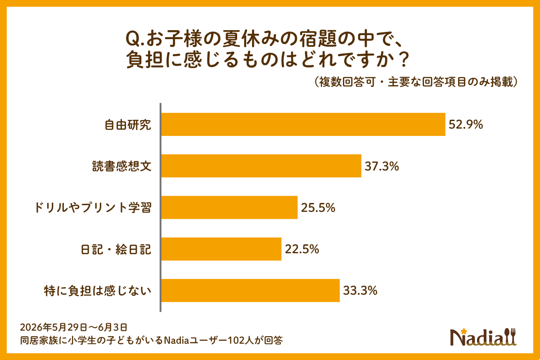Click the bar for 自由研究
point(303,124)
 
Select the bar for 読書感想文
point(261,166)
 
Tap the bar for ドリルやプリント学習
point(229,207)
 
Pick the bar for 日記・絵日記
point(221,249)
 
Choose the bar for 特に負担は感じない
point(251,290)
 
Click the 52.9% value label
point(466,125)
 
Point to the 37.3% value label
point(382,166)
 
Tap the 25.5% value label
point(318,208)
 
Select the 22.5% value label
point(302,249)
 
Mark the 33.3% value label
point(360,291)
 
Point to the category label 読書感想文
point(122,166)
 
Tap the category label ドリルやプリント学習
point(93,208)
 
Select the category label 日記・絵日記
point(116,249)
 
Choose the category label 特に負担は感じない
point(98,291)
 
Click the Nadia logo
point(483,337)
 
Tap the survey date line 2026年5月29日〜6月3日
point(73,328)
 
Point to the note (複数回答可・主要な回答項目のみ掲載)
point(416,82)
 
